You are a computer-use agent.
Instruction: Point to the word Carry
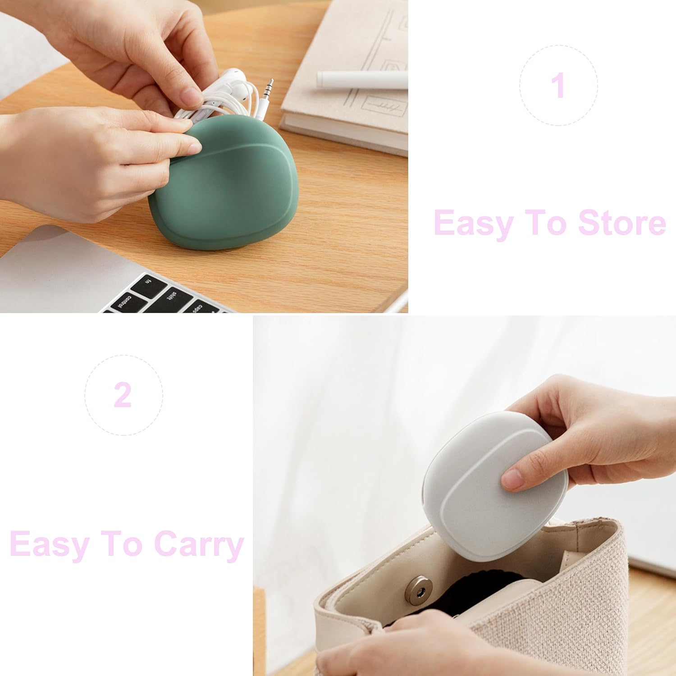point(199,545)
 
